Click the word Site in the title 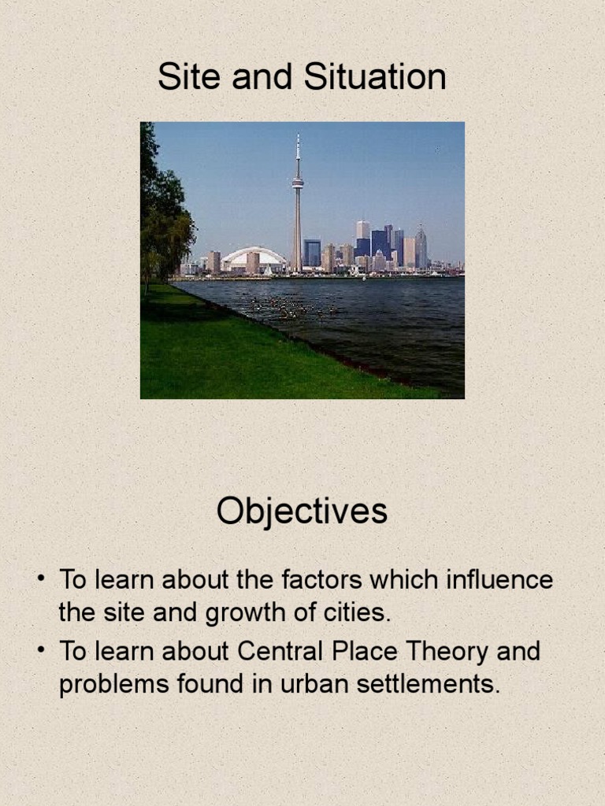[185, 78]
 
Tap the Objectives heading [302, 512]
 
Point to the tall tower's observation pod [298, 183]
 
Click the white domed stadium [253, 257]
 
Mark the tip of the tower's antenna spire [298, 135]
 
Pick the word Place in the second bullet [365, 652]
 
